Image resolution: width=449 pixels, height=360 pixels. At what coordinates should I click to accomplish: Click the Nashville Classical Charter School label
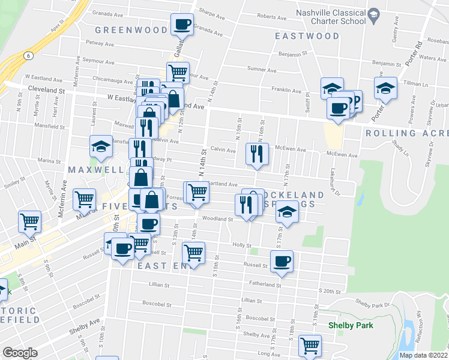(330, 17)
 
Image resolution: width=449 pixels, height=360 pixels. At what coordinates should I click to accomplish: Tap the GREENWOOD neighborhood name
(131, 30)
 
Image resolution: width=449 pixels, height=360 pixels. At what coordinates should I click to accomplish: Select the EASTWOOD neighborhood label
(307, 36)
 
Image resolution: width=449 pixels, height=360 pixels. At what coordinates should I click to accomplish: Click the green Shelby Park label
(351, 325)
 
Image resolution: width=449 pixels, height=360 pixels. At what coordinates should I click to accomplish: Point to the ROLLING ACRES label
(406, 133)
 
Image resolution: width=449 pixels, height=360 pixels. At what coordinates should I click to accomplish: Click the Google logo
(20, 353)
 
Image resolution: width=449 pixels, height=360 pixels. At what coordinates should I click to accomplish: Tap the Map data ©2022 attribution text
(423, 355)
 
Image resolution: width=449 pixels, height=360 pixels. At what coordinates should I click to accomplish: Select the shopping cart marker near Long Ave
(310, 346)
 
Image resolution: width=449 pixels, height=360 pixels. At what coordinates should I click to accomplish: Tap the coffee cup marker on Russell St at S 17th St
(281, 261)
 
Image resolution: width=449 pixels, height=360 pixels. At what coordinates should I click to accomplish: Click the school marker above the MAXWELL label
(101, 146)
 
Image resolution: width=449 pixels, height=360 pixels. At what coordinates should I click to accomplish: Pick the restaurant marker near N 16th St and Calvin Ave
(256, 154)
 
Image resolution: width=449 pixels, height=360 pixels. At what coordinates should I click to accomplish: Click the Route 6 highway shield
(28, 55)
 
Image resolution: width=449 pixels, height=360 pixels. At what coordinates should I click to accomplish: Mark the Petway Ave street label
(100, 43)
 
